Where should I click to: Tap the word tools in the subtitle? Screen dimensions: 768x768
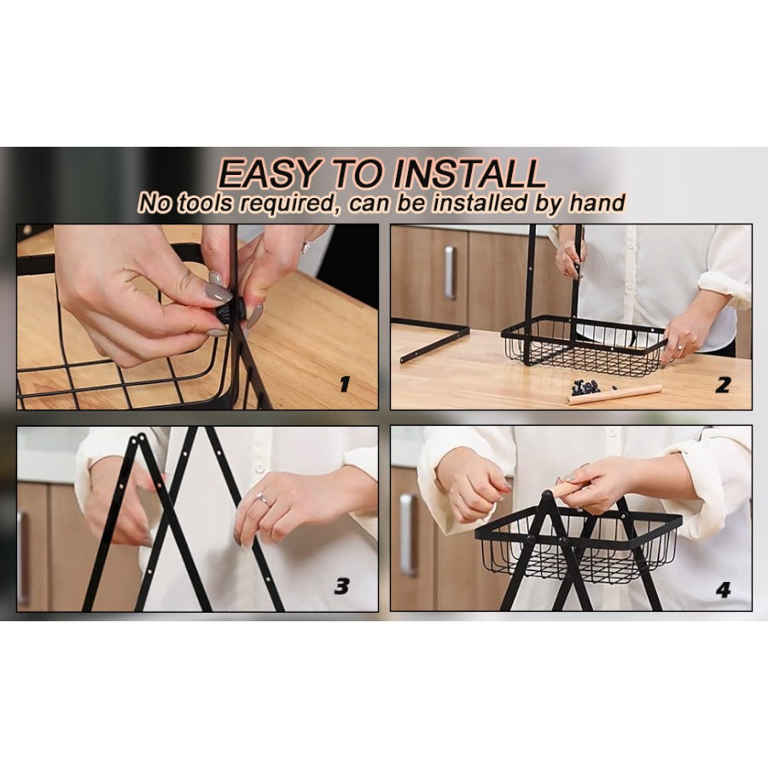pyautogui.click(x=205, y=202)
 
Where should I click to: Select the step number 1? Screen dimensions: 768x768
pyautogui.click(x=345, y=385)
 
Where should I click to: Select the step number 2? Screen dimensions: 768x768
pyautogui.click(x=723, y=385)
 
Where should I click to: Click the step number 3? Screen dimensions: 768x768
pyautogui.click(x=342, y=585)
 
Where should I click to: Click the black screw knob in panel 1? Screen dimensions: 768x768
pyautogui.click(x=231, y=310)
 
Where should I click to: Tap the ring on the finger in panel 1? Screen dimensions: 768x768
pyautogui.click(x=307, y=247)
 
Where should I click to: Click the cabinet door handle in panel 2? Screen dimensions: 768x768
pyautogui.click(x=450, y=272)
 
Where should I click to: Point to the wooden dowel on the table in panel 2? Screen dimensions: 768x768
pyautogui.click(x=614, y=395)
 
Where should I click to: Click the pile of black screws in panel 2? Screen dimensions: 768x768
pyautogui.click(x=585, y=387)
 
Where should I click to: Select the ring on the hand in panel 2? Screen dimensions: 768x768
pyautogui.click(x=681, y=347)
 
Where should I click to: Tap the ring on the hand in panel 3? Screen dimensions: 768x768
pyautogui.click(x=263, y=499)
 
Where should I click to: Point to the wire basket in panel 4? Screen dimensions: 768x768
pyautogui.click(x=579, y=550)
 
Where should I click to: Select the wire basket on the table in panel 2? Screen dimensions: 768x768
pyautogui.click(x=584, y=345)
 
